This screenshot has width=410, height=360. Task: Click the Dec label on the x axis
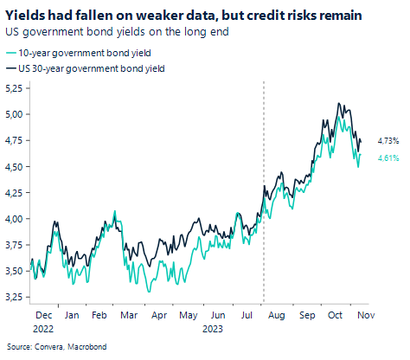pos(43,317)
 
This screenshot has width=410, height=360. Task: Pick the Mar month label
pos(128,317)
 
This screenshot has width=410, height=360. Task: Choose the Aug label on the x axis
pos(278,317)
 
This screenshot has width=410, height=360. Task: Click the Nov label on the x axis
pos(366,317)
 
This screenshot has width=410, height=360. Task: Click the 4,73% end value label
pos(388,139)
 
